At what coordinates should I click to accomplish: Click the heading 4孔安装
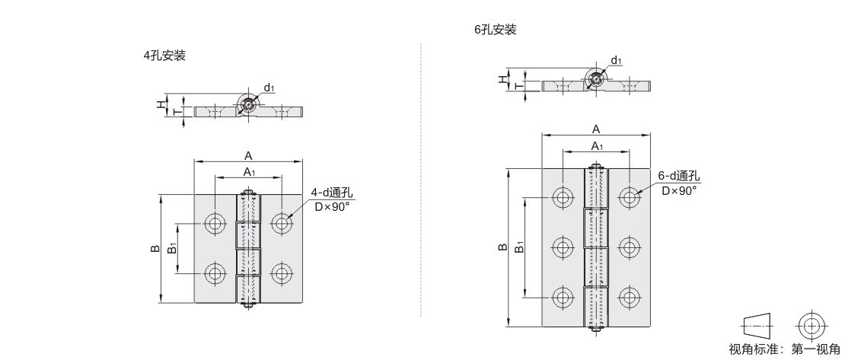coord(164,56)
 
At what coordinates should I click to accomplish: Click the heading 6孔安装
coord(496,30)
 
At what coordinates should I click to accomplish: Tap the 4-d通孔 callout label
coord(332,193)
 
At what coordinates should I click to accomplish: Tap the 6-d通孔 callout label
coord(678,176)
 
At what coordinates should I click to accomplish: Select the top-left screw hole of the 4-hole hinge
coord(215,222)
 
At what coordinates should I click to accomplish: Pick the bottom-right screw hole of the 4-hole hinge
coord(282,273)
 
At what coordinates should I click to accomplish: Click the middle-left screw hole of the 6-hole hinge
coord(563,247)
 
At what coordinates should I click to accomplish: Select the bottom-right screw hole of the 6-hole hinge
coord(629,298)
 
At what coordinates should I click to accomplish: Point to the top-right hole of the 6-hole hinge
coord(629,196)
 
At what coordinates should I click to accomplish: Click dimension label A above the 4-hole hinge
coord(248,156)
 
